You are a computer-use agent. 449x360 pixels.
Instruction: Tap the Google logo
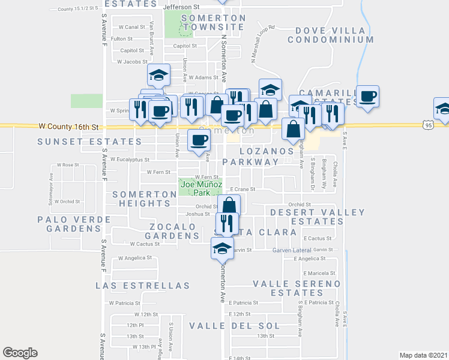[20, 353]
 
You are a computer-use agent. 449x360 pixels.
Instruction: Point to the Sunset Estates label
[89, 142]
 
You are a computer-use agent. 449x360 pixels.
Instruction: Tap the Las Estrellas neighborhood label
[142, 286]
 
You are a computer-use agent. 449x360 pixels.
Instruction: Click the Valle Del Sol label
[234, 326]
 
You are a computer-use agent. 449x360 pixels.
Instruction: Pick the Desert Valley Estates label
[318, 217]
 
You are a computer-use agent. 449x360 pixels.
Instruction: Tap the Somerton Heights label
[145, 199]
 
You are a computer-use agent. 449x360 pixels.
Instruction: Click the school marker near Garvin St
[222, 247]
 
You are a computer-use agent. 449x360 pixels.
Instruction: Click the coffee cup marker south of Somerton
[199, 140]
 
